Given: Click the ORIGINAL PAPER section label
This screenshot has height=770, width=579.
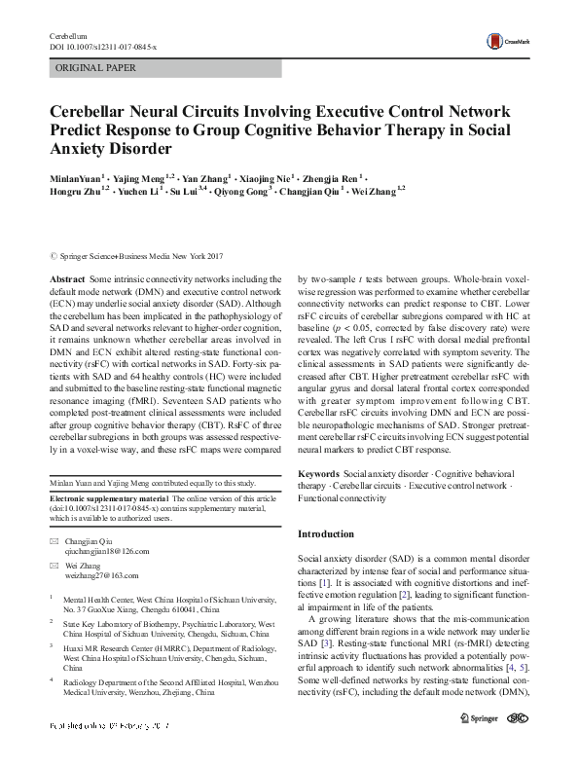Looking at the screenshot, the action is (x=96, y=68).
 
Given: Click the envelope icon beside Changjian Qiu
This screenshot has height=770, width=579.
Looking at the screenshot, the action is (x=55, y=538).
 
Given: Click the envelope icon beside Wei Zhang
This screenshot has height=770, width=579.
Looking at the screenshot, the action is (x=55, y=566).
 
